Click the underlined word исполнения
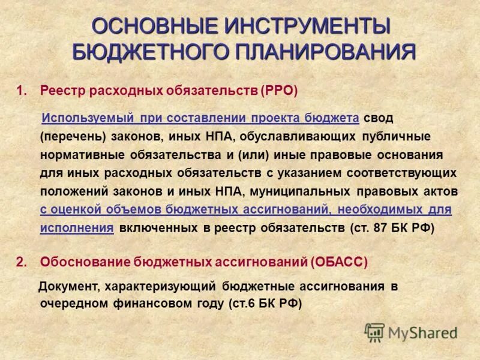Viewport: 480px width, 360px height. click(x=77, y=229)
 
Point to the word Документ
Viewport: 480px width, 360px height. click(x=71, y=286)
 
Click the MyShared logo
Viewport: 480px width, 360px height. click(x=412, y=332)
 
